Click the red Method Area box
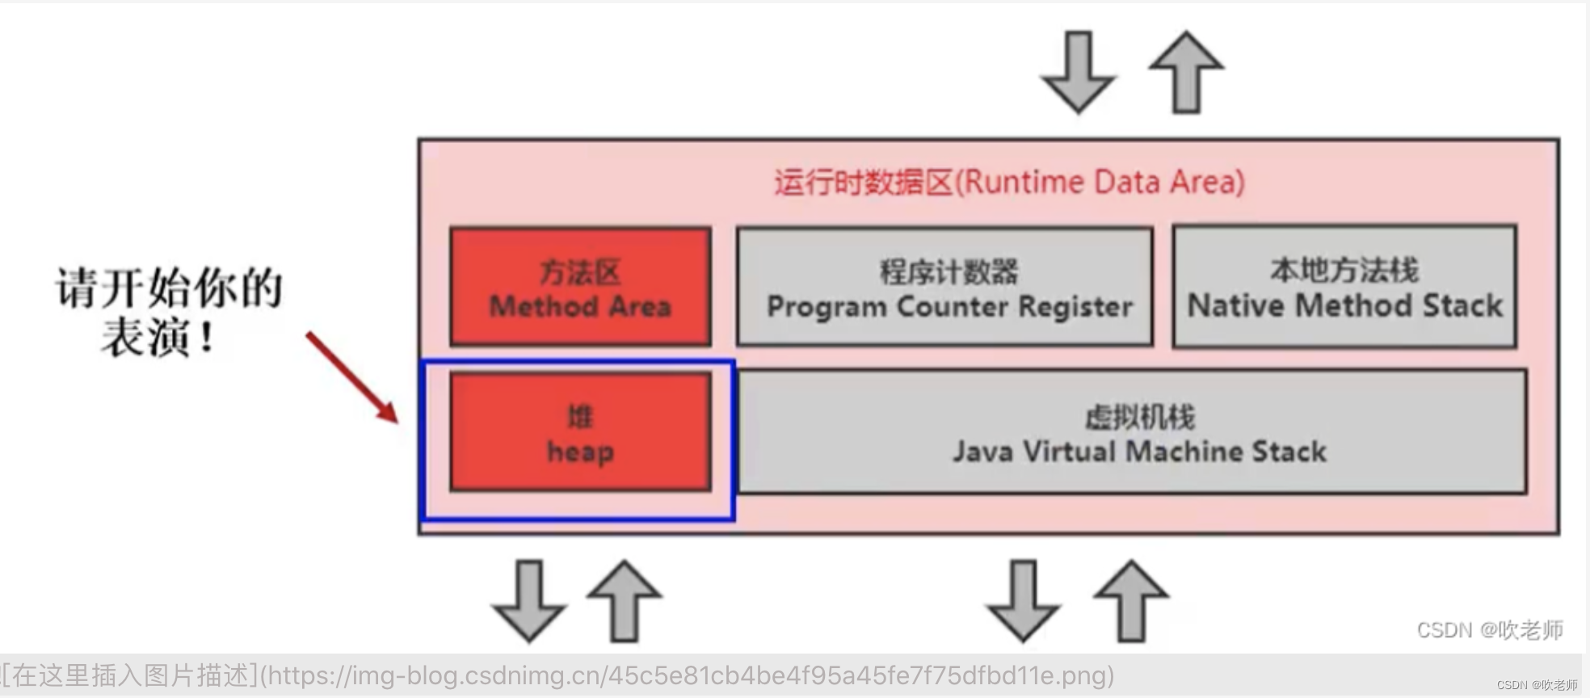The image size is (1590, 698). click(x=580, y=287)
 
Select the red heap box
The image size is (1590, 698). click(x=580, y=432)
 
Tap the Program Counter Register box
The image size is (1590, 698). click(x=944, y=288)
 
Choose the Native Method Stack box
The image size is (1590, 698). click(x=1344, y=288)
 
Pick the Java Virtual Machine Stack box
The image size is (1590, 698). click(x=1131, y=433)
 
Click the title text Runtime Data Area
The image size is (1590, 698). click(x=1009, y=183)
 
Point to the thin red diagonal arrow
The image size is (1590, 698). click(x=352, y=376)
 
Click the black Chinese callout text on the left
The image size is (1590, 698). click(x=168, y=312)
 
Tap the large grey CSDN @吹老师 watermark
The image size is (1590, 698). click(x=1489, y=630)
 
